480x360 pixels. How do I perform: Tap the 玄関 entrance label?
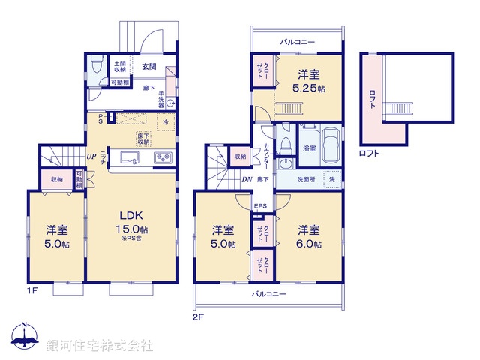(149, 67)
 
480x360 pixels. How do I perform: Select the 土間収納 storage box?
(119, 66)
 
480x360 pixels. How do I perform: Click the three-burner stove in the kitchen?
(163, 158)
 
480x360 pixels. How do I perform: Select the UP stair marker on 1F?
(91, 157)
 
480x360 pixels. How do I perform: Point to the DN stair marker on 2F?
(247, 180)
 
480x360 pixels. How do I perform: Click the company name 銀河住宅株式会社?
(99, 346)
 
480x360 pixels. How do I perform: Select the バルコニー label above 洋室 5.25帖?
(298, 42)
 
